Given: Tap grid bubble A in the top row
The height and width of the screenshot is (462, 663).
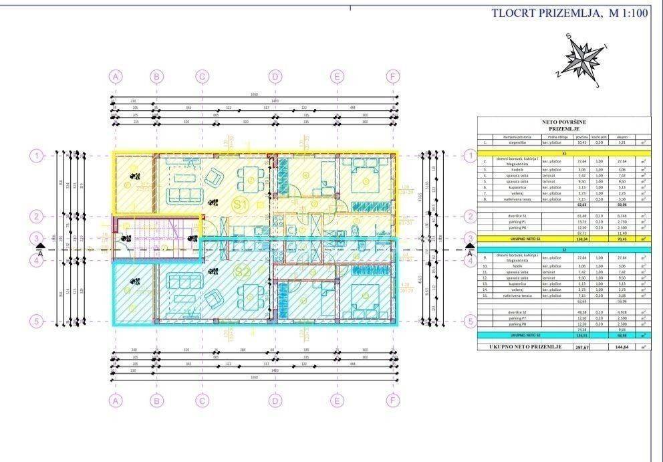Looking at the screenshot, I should point(116,76).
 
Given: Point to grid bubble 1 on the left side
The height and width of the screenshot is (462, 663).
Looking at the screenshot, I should point(35,155).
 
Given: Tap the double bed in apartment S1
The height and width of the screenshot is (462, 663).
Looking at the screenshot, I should point(368,177).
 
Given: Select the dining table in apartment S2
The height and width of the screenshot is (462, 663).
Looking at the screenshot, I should point(251,294).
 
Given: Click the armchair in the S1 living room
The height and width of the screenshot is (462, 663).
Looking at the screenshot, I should point(213,178).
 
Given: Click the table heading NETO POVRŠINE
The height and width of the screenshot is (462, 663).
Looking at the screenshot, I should point(563,122).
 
